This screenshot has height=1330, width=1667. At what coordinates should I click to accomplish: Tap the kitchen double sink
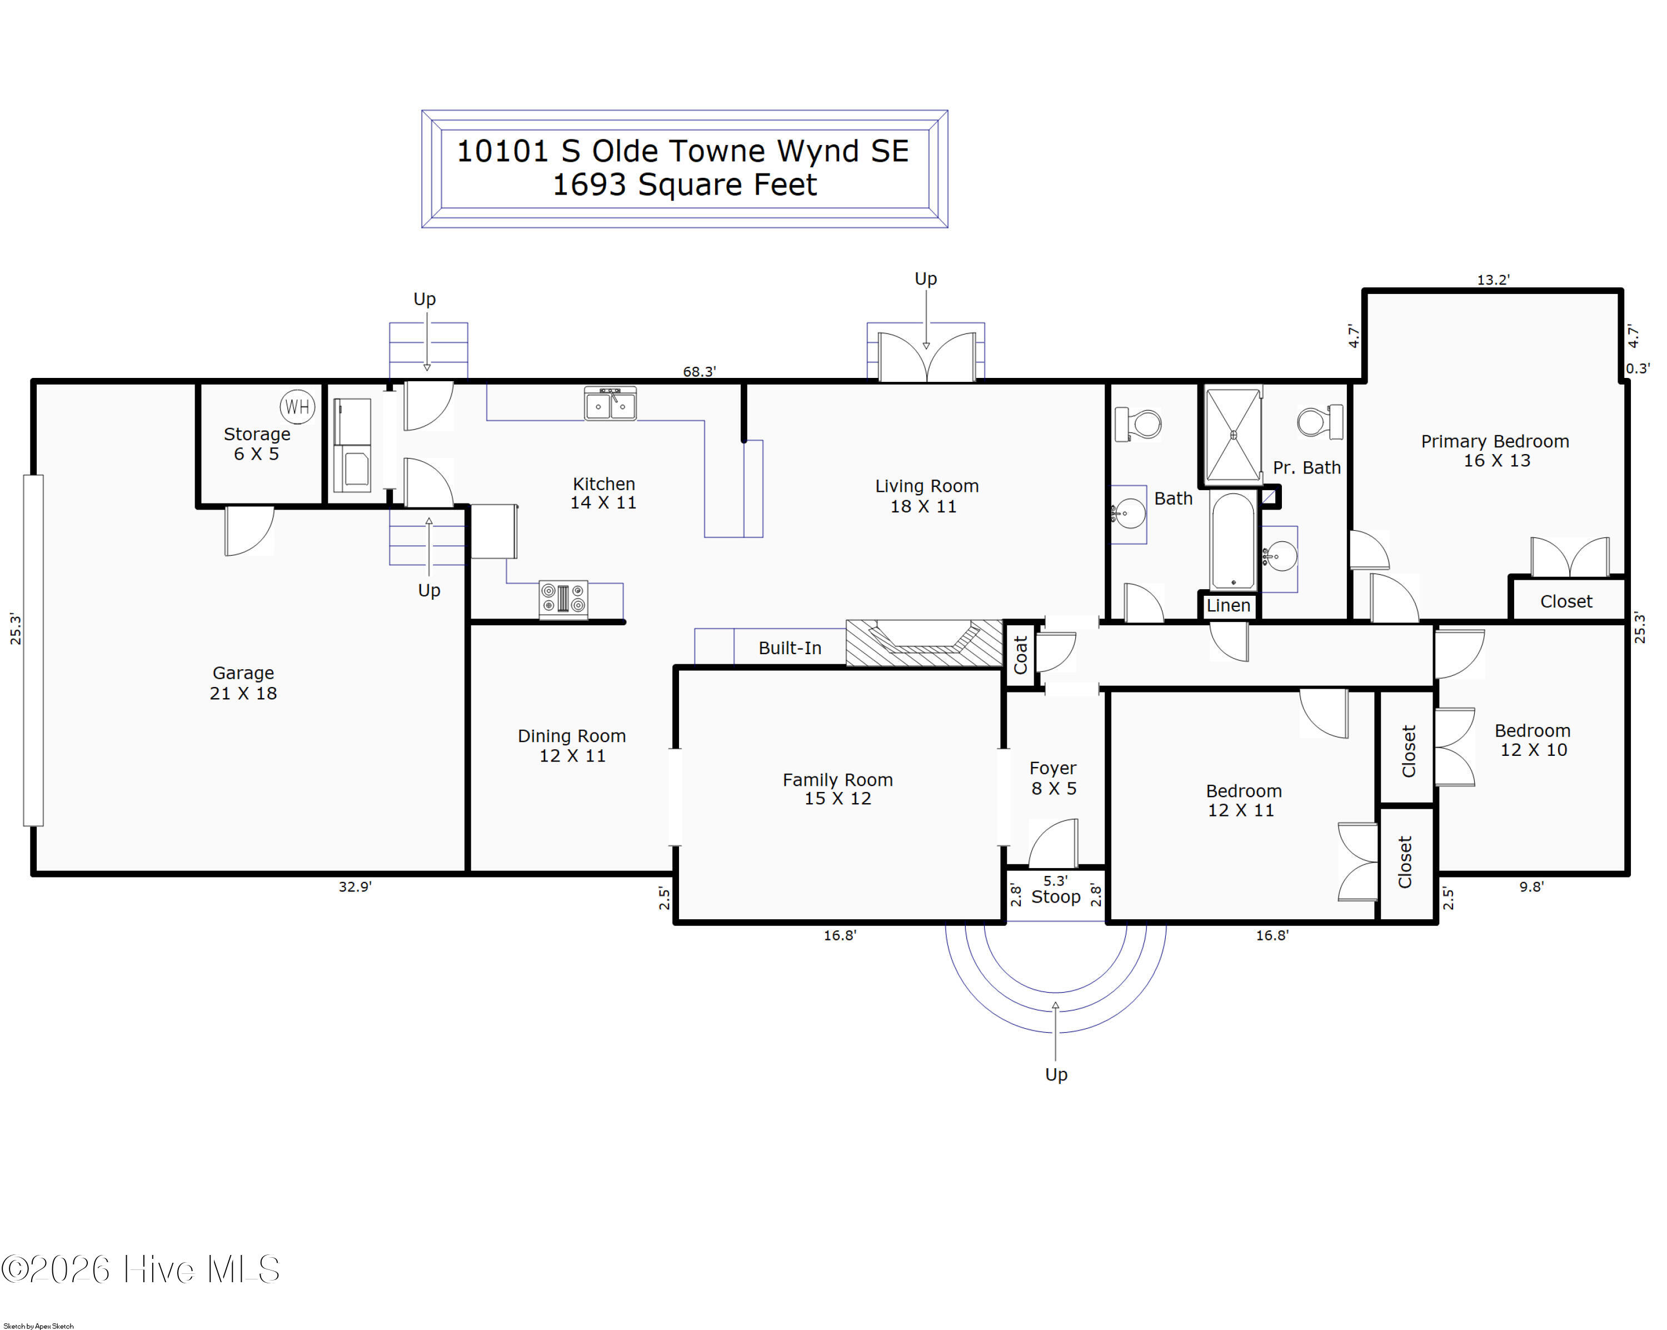point(610,404)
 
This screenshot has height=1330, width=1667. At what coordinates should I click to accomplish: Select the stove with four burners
point(563,599)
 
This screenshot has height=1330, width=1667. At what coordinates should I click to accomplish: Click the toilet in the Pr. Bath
point(1320,422)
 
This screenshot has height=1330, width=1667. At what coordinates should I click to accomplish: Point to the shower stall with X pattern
point(1233,435)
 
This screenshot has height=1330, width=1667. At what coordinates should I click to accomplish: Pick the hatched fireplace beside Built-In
point(925,642)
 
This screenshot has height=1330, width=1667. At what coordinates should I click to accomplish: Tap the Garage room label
point(243,683)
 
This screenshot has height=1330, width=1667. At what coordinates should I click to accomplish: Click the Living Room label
point(926,496)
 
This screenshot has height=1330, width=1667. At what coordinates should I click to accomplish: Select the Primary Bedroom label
point(1495,451)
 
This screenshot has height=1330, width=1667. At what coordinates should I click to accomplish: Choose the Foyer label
point(1053,778)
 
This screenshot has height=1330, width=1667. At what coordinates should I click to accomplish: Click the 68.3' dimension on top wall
point(699,371)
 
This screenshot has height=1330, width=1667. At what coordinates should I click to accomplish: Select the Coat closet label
point(1021,655)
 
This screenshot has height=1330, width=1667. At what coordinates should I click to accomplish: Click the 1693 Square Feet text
point(684,185)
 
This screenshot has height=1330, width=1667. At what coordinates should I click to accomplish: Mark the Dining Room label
point(572,745)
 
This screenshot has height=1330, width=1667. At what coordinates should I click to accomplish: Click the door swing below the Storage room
point(249,531)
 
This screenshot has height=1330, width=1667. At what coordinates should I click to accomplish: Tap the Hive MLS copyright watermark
point(141,1269)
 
